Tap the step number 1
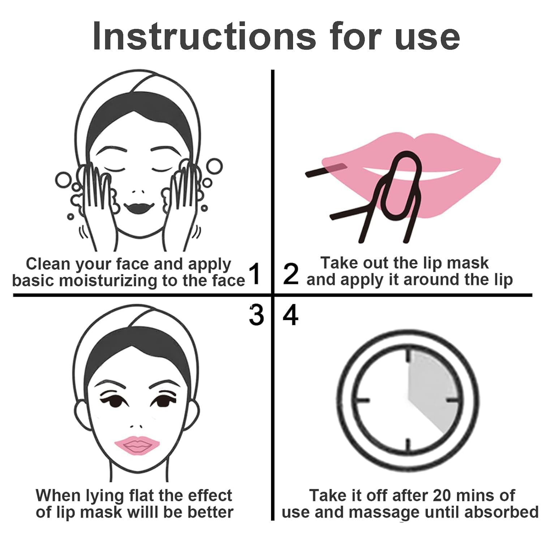pos(255,274)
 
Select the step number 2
pos(291,274)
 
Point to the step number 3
pos(256,315)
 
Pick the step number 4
pos(291,315)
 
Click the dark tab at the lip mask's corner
pos(336,167)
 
